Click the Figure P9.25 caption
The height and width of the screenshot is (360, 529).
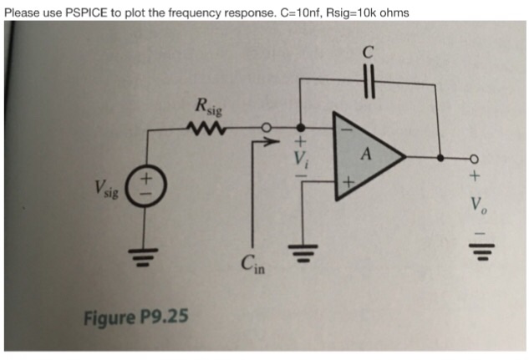click(x=136, y=317)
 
